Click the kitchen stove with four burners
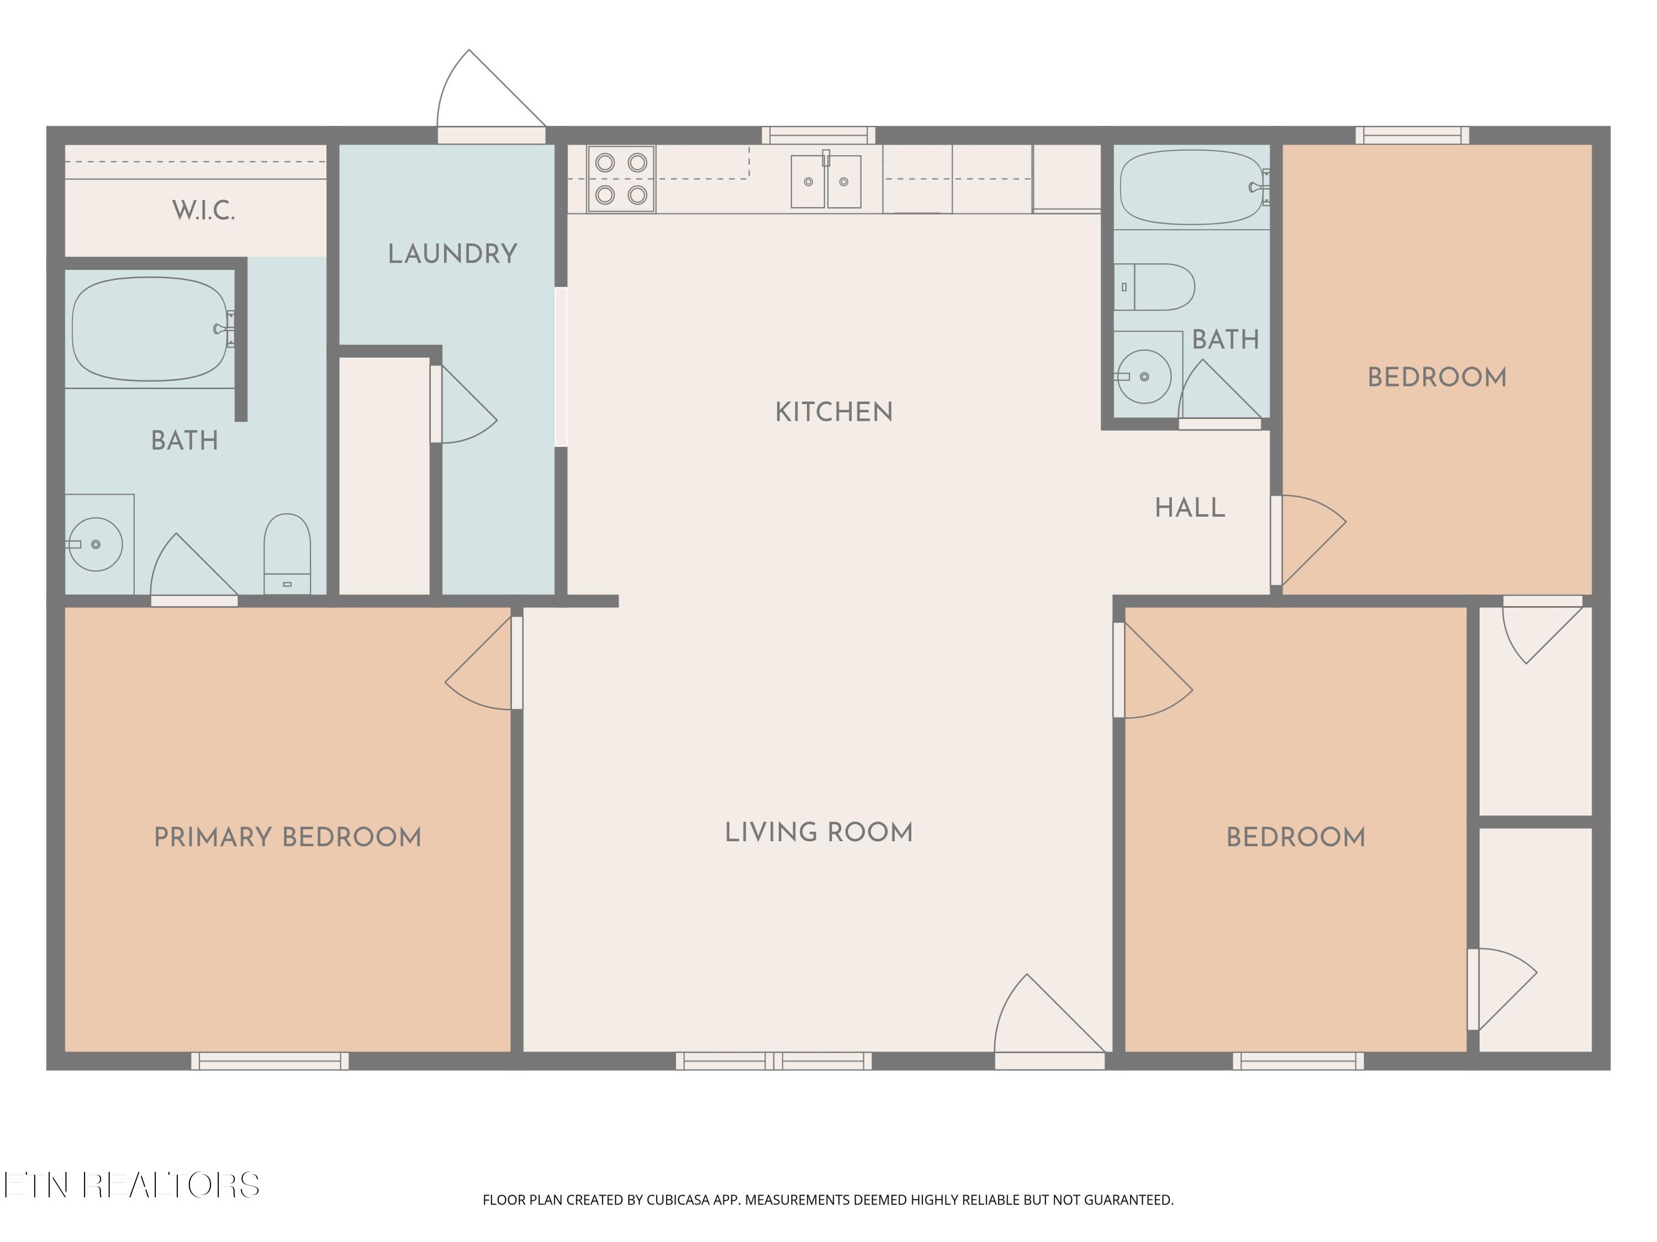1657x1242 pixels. coord(621,179)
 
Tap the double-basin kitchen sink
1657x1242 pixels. coord(826,181)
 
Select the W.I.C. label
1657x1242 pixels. coord(204,210)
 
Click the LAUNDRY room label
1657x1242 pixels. coord(452,254)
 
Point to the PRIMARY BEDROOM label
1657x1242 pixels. coord(288,837)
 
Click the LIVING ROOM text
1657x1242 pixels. coord(819,832)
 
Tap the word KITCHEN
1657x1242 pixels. coord(833,412)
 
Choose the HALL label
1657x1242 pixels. coord(1190,508)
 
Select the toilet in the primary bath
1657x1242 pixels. coord(287,554)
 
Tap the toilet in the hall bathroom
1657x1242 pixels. coord(1154,286)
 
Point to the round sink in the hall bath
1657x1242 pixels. coord(1144,376)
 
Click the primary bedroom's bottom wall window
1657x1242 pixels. coord(270,1061)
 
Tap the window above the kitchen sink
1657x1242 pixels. coord(819,135)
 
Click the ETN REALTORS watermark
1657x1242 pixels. coord(132,1185)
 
